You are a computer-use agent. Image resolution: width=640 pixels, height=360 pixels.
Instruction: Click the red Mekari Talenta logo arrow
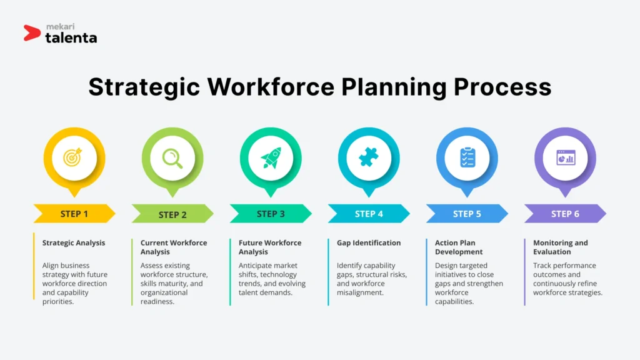pyautogui.click(x=32, y=32)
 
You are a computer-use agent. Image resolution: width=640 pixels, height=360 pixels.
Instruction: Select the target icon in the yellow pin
pyautogui.click(x=74, y=157)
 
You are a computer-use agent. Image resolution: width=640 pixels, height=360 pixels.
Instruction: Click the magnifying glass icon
pyautogui.click(x=172, y=157)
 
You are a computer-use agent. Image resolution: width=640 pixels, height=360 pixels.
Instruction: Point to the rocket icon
pyautogui.click(x=271, y=157)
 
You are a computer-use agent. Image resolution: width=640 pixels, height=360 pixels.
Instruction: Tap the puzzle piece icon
pyautogui.click(x=369, y=157)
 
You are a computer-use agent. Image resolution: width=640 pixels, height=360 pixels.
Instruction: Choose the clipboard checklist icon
pyautogui.click(x=467, y=157)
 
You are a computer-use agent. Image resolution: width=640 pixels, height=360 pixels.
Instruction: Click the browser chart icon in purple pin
pyautogui.click(x=566, y=157)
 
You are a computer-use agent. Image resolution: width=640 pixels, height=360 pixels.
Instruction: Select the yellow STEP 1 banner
pyautogui.click(x=74, y=214)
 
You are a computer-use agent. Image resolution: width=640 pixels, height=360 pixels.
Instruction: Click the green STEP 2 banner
pyautogui.click(x=172, y=214)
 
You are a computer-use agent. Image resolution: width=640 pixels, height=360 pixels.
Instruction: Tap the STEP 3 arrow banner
pyautogui.click(x=271, y=214)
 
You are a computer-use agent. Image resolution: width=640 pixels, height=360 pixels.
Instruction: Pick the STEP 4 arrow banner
pyautogui.click(x=369, y=214)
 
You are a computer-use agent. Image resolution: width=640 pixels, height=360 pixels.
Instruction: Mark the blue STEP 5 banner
pyautogui.click(x=467, y=214)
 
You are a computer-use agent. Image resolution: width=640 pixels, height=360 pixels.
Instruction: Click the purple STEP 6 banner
pyautogui.click(x=565, y=214)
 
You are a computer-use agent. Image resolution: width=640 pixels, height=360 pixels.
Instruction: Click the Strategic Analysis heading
pyautogui.click(x=74, y=243)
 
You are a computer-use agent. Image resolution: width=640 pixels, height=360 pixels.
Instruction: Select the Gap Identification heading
pyautogui.click(x=369, y=243)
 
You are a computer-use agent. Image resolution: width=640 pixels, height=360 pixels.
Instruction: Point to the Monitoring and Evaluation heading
pyautogui.click(x=560, y=247)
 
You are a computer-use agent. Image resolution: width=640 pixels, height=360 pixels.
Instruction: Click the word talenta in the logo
pyautogui.click(x=71, y=38)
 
